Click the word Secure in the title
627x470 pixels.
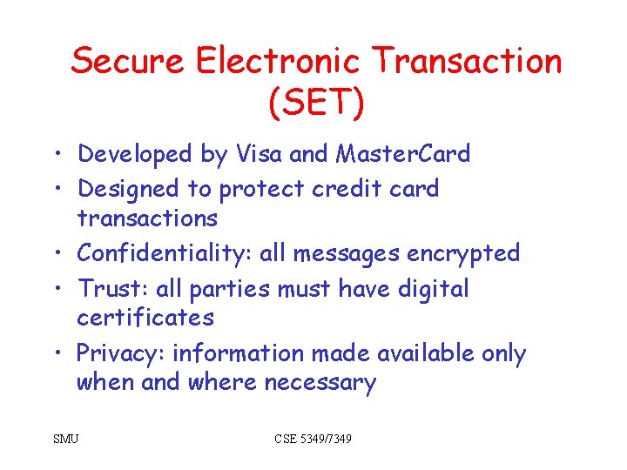pyautogui.click(x=127, y=62)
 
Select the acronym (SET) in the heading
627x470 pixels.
pyautogui.click(x=316, y=102)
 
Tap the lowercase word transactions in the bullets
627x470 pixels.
pyautogui.click(x=146, y=218)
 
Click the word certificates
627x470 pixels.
pyautogui.click(x=145, y=318)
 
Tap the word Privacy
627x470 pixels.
pyautogui.click(x=120, y=353)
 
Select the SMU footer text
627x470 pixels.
pyautogui.click(x=65, y=439)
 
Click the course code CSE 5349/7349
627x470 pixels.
pyautogui.click(x=313, y=439)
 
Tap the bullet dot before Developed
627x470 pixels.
pyautogui.click(x=55, y=155)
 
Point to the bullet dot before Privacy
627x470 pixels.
pyautogui.click(x=55, y=354)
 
